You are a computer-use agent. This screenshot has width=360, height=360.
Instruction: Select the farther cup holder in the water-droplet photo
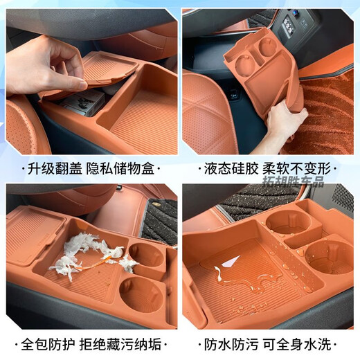(287, 223)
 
